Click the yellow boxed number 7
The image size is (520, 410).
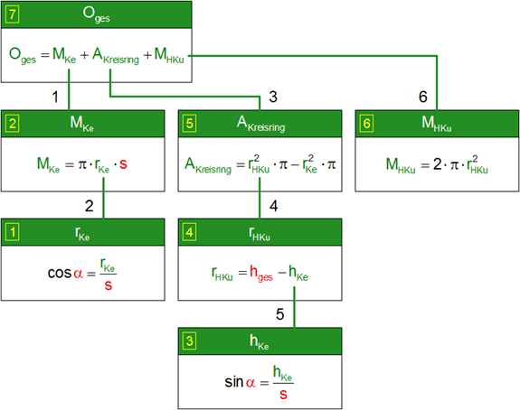pyautogui.click(x=13, y=14)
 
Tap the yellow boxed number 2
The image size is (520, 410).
pyautogui.click(x=13, y=124)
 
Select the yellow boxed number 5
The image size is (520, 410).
pyautogui.click(x=189, y=124)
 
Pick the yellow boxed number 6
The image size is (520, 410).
pyautogui.click(x=366, y=124)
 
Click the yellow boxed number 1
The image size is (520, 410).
pyautogui.click(x=13, y=232)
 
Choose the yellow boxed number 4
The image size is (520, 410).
pyautogui.click(x=189, y=232)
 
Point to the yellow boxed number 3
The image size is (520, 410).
pyautogui.click(x=189, y=340)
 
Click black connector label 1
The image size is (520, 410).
pyautogui.click(x=55, y=97)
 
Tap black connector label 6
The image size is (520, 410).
pyautogui.click(x=423, y=97)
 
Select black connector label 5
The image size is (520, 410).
pyautogui.click(x=280, y=314)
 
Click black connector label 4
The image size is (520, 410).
pyautogui.click(x=274, y=206)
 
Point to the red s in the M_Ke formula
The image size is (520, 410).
pyautogui.click(x=123, y=164)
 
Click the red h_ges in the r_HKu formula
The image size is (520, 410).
pyautogui.click(x=261, y=274)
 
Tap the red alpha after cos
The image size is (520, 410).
pyautogui.click(x=78, y=274)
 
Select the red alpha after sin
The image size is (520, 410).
pyautogui.click(x=251, y=383)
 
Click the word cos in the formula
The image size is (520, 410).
pyautogui.click(x=60, y=274)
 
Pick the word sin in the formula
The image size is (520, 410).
pyautogui.click(x=234, y=382)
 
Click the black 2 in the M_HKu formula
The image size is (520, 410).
pyautogui.click(x=438, y=164)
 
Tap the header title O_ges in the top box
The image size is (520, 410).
pyautogui.click(x=96, y=14)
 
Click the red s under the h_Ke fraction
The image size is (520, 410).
pyautogui.click(x=283, y=395)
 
